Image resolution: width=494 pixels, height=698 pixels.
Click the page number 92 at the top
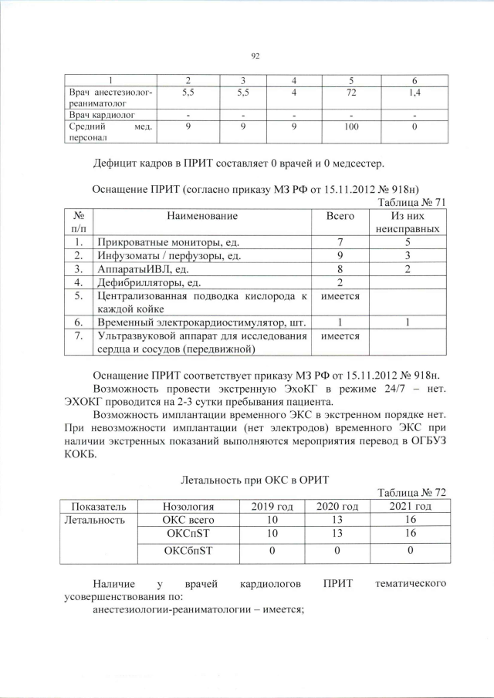255,56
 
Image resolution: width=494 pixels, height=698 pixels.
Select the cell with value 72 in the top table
351,93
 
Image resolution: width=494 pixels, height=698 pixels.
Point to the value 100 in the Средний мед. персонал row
351,127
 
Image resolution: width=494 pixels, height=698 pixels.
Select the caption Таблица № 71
411,202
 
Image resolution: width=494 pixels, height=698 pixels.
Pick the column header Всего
340,216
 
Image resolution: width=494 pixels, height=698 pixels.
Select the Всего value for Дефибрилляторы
340,283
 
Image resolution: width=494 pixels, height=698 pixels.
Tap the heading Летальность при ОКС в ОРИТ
254,480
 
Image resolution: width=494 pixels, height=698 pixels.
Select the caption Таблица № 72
411,493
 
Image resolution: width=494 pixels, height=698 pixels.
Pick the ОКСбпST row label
188,550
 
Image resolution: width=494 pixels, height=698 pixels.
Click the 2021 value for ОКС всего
410,520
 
